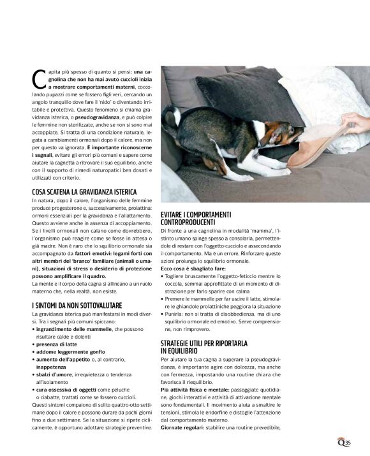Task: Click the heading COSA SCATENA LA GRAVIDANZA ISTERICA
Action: pyautogui.click(x=84, y=191)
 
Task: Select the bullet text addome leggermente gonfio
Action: pyautogui.click(x=70, y=352)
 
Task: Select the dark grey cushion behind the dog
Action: pyautogui.click(x=242, y=96)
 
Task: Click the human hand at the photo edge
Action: pyautogui.click(x=355, y=119)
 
